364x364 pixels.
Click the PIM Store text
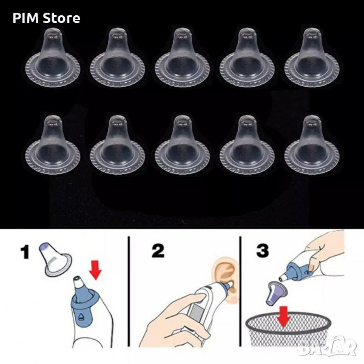47,18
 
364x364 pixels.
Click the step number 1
25,252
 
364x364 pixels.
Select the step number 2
158,251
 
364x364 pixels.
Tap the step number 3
263,251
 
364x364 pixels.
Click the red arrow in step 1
95,270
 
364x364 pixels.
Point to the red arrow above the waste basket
284,317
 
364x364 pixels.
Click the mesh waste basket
288,329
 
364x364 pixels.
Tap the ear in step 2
226,278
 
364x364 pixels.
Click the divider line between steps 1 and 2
129,291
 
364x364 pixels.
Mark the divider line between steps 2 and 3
240,291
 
